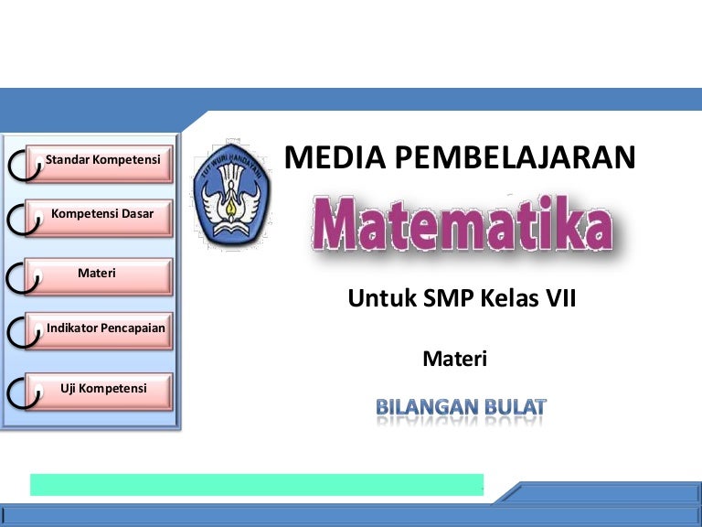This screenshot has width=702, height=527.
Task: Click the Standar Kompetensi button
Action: (99, 163)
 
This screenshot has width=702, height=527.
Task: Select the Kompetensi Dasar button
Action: (99, 218)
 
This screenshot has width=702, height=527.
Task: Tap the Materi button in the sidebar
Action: (99, 276)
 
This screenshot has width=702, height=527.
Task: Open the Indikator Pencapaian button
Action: (99, 331)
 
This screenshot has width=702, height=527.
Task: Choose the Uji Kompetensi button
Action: (99, 392)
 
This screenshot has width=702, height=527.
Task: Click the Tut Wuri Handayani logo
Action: (232, 194)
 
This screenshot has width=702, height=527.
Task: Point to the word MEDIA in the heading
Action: (335, 157)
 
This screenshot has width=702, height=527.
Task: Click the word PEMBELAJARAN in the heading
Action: (516, 157)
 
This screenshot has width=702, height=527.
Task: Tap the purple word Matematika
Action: (463, 223)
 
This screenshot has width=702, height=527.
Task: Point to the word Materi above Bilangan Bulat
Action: (455, 359)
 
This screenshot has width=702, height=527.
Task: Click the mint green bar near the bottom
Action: (257, 485)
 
